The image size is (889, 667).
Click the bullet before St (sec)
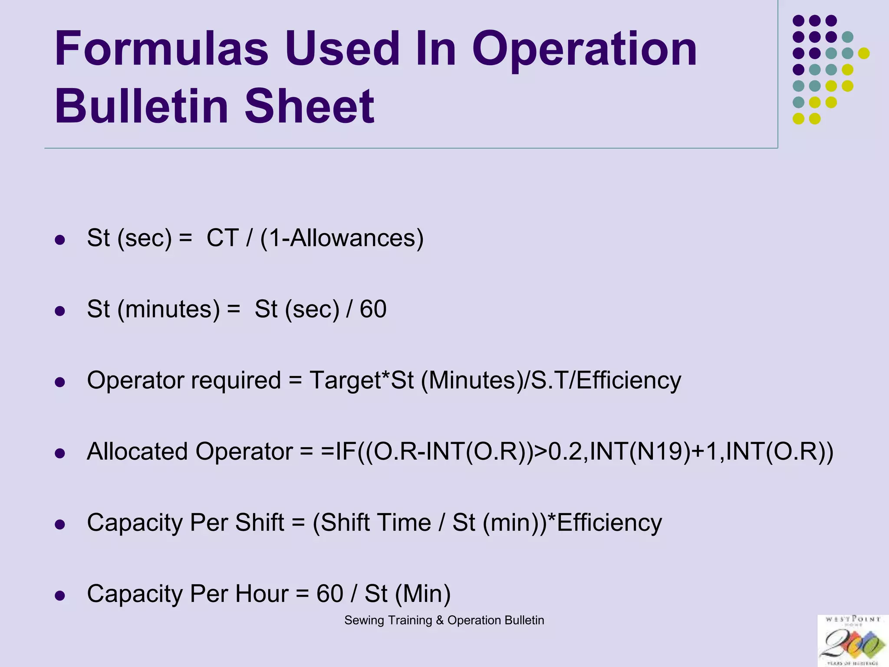tap(60, 240)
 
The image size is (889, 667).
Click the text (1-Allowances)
tap(342, 238)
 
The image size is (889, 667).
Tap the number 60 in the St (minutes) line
tap(373, 309)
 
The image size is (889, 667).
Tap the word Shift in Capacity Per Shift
tap(259, 522)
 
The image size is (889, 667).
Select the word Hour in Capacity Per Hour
tap(261, 594)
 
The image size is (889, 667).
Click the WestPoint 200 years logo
tap(853, 641)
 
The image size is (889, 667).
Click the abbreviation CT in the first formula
tap(223, 238)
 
